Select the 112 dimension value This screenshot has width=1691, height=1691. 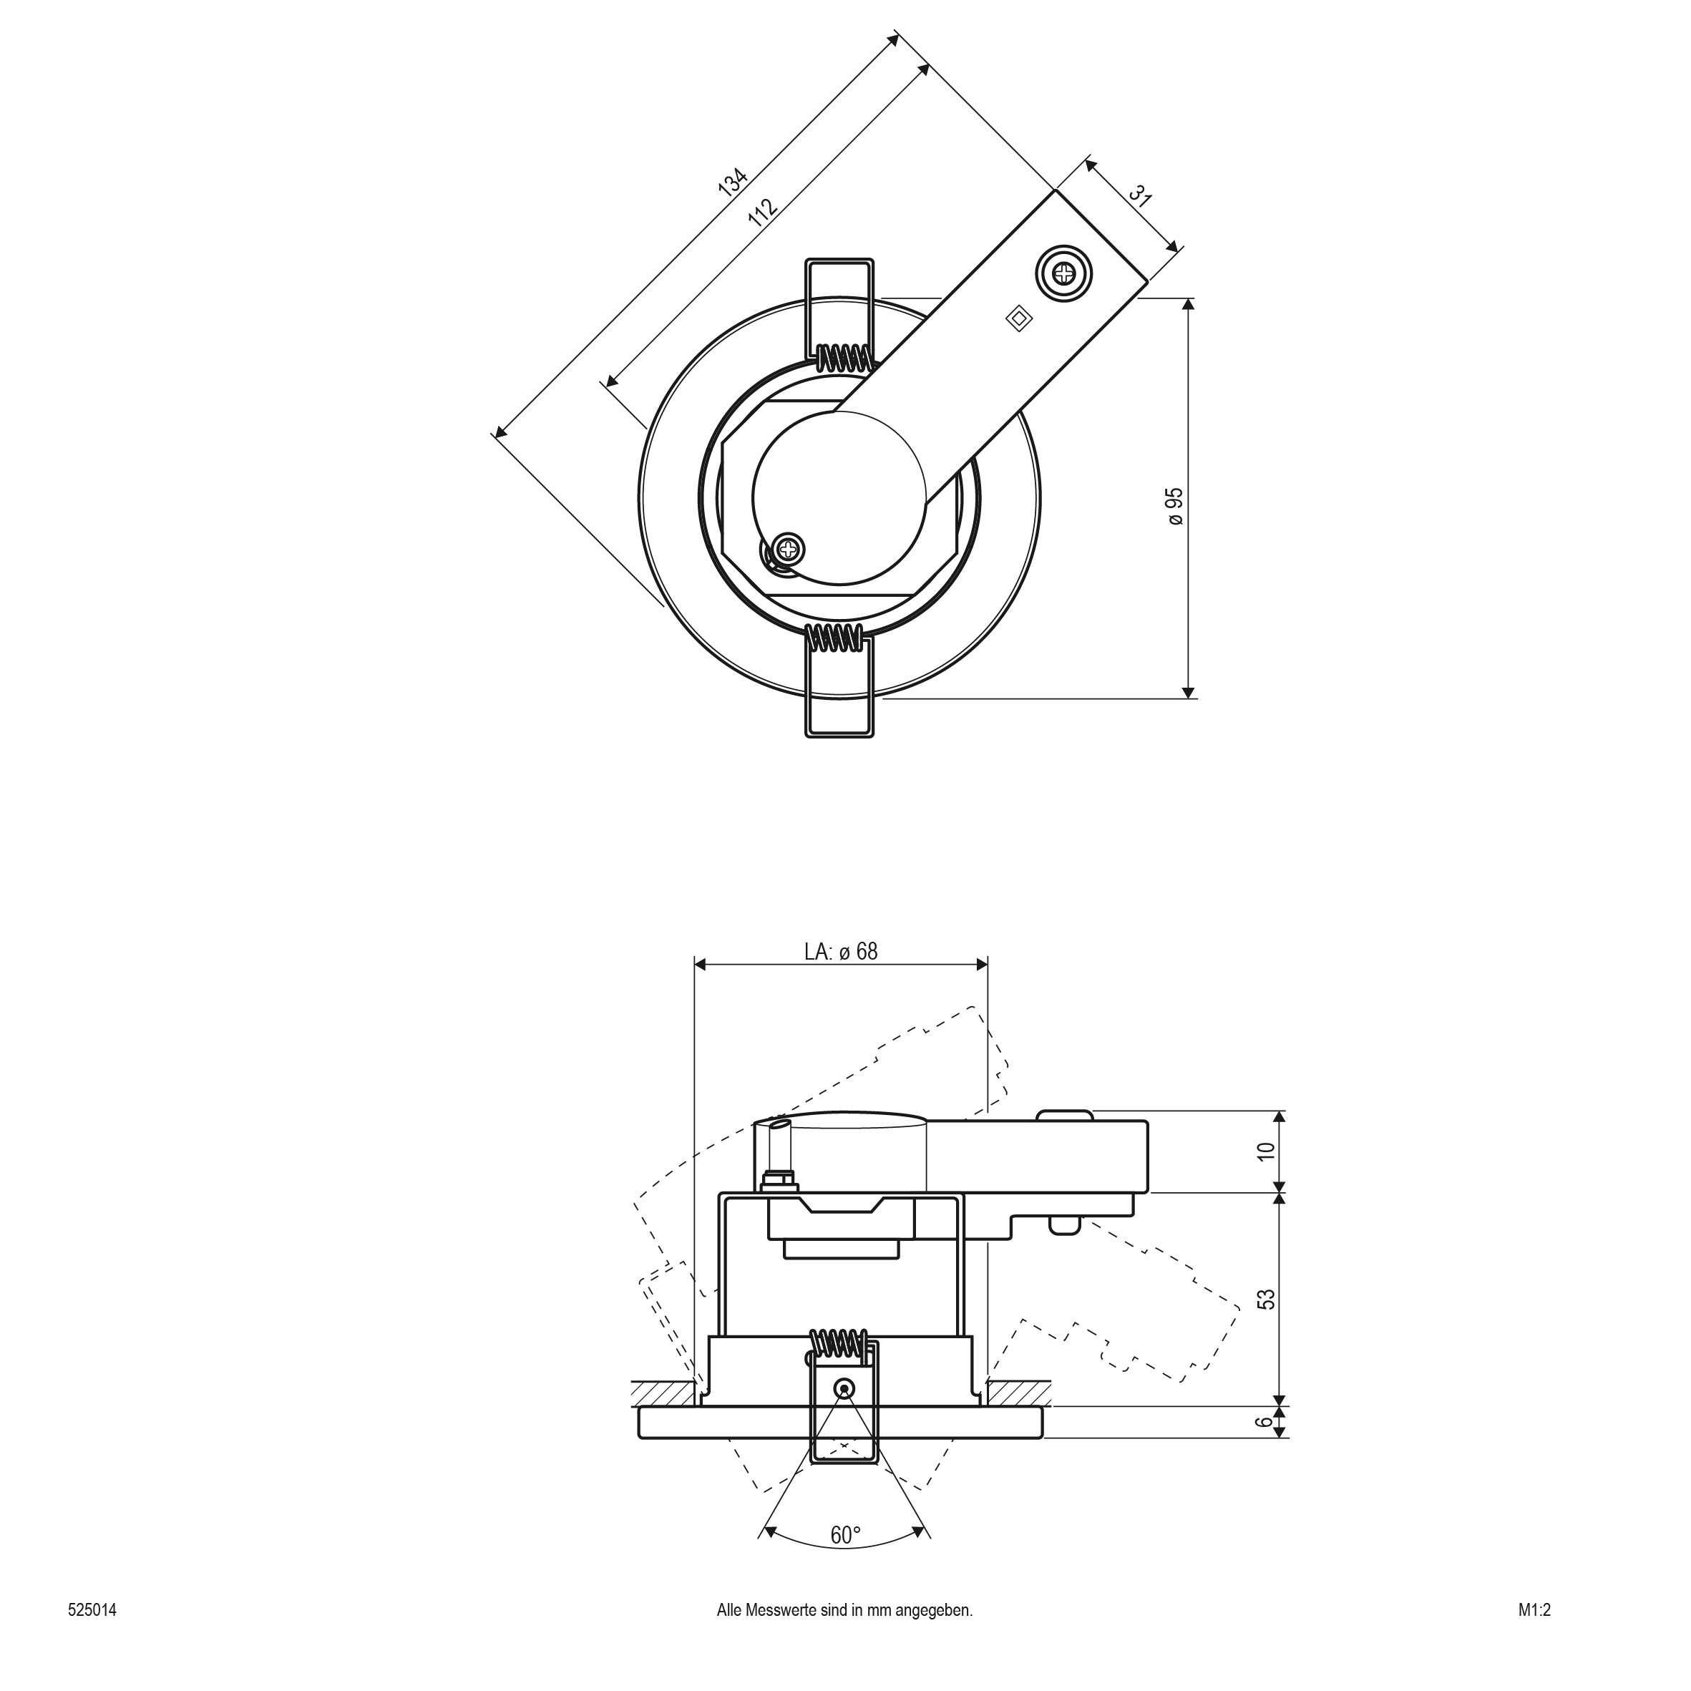(762, 212)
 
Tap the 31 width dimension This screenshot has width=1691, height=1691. (1139, 195)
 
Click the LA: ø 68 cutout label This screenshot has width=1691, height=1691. (841, 951)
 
